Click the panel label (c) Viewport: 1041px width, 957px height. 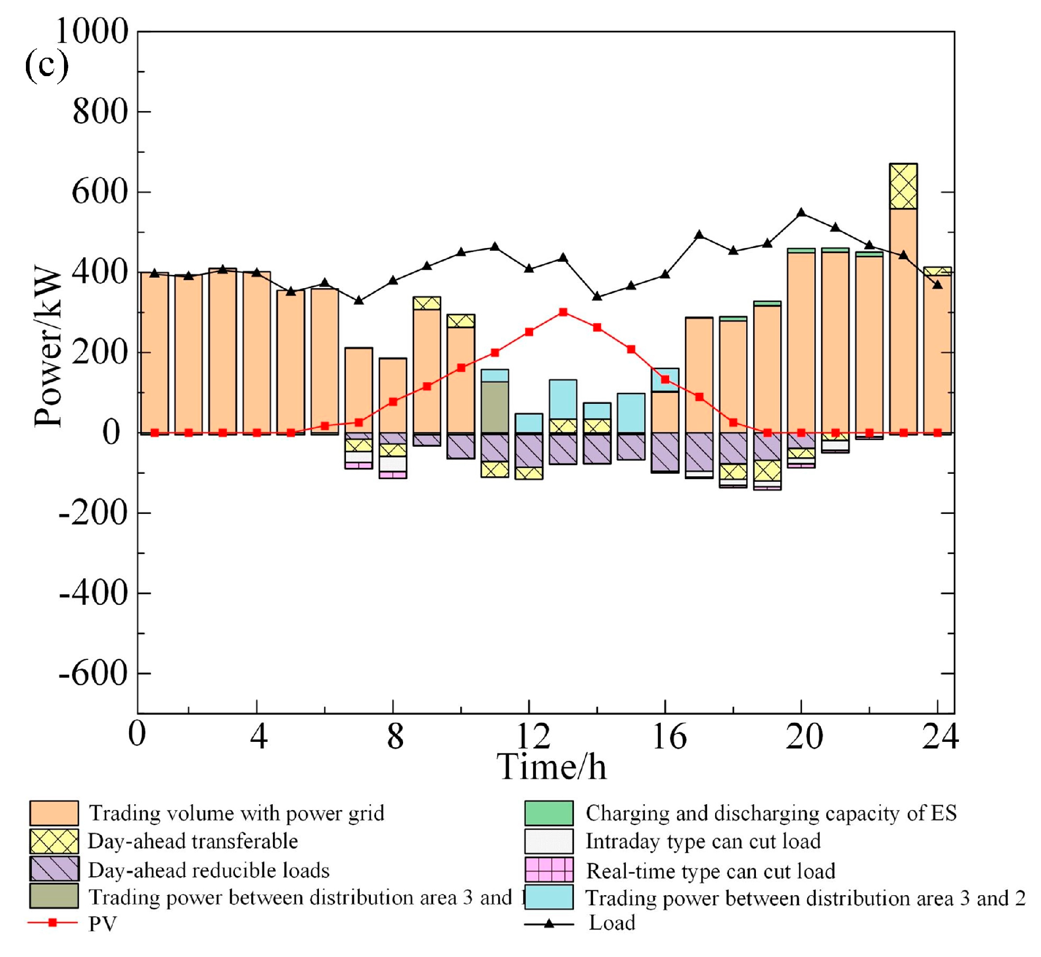47,65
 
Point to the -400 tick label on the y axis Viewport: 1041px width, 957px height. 93,593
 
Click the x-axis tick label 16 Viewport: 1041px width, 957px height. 669,736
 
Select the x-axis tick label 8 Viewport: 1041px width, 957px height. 395,736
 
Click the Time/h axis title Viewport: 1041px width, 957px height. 551,767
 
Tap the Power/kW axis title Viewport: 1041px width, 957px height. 48,346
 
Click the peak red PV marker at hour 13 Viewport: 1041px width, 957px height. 563,312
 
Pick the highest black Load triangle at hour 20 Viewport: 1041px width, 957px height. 801,213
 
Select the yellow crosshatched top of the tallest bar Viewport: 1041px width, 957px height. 903,186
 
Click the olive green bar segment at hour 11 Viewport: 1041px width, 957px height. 495,407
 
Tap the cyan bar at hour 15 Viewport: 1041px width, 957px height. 631,413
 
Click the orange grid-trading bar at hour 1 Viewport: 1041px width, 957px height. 154,353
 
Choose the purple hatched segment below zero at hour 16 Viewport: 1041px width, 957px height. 665,452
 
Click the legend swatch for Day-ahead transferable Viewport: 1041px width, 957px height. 54,841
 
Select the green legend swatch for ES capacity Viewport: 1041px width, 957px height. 549,813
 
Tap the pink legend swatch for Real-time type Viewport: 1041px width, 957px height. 549,870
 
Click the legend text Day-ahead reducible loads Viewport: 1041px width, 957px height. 208,870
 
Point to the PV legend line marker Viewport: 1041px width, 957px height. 52,923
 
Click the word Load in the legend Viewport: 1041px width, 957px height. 612,923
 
